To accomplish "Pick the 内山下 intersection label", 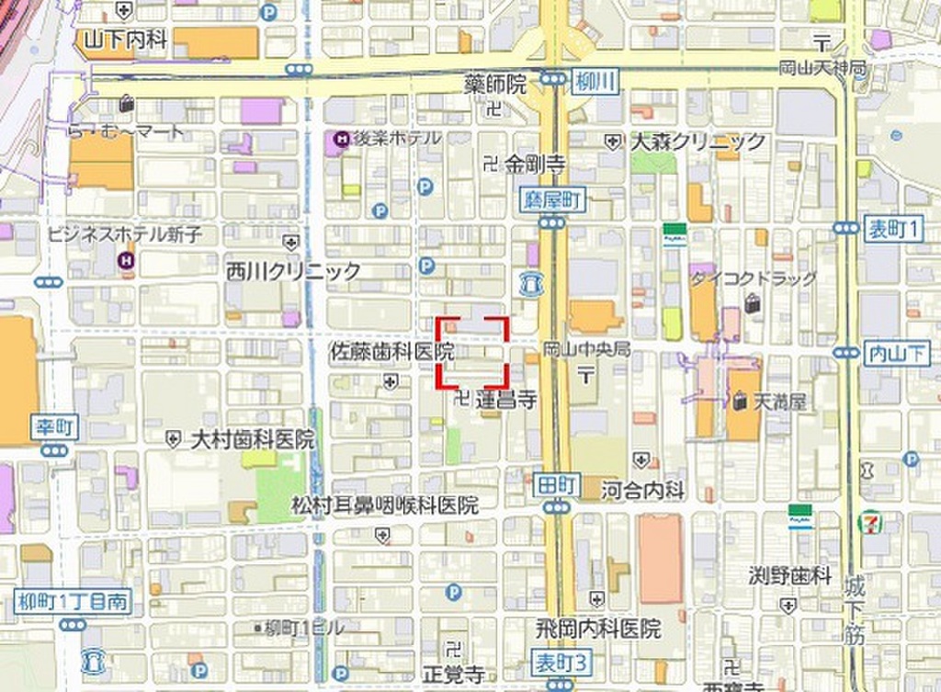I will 897,352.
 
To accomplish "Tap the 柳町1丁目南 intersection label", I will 73,603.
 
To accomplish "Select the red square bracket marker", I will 472,350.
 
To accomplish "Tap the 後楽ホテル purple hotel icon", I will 341,140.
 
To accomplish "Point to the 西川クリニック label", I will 294,271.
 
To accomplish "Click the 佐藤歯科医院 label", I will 392,351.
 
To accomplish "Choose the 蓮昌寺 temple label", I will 505,400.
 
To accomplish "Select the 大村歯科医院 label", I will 252,439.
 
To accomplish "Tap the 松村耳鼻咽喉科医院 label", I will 385,505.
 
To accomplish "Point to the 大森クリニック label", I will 697,142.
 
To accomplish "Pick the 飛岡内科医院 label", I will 598,630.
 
